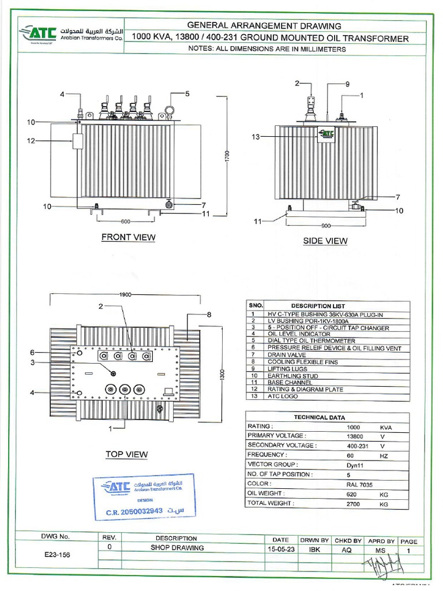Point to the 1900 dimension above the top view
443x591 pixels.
126,294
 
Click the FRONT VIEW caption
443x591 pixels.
128,237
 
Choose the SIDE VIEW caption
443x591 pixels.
325,241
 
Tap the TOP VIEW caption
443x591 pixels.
126,454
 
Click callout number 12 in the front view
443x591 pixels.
31,140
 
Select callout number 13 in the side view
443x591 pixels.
256,137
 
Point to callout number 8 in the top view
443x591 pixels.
209,315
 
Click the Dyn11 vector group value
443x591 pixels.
355,464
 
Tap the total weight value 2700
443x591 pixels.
353,503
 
